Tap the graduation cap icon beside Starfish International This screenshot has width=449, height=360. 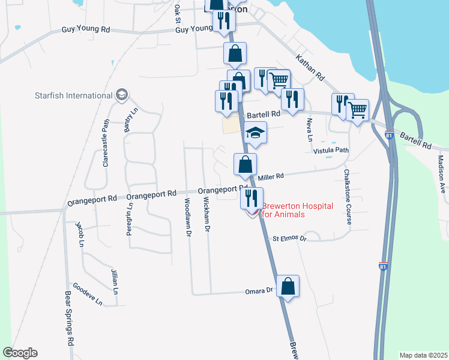pos(122,95)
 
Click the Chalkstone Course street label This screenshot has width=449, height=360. pos(347,197)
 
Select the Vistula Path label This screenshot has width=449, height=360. pos(331,151)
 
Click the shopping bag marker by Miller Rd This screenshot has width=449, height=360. pos(245,164)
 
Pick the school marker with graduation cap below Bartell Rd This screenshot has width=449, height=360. pos(256,133)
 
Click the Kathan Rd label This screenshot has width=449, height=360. pos(310,68)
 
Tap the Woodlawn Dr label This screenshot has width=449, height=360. pos(188,216)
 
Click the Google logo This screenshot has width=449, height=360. pos(20,353)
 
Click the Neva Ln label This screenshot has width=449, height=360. pos(310,130)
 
